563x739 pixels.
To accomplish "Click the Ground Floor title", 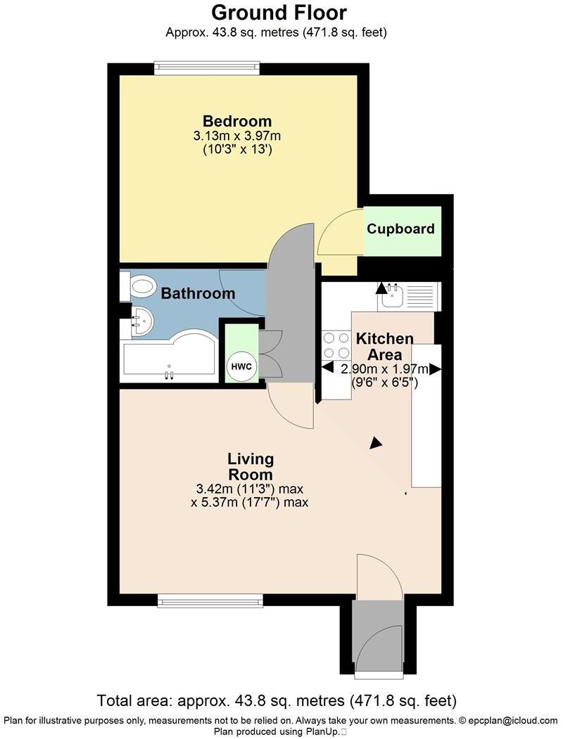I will click(279, 12).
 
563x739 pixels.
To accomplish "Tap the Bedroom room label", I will click(237, 120).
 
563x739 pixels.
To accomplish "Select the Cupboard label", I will click(400, 229).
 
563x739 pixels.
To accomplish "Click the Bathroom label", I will click(198, 293).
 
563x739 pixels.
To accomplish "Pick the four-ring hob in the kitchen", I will click(336, 345).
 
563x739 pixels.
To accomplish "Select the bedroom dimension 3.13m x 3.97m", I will click(237, 136).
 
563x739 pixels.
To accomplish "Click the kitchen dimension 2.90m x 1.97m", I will click(384, 369).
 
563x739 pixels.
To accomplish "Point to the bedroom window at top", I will click(208, 68).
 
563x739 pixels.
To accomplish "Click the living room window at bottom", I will click(210, 600).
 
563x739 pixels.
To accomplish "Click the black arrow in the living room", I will click(377, 442).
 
